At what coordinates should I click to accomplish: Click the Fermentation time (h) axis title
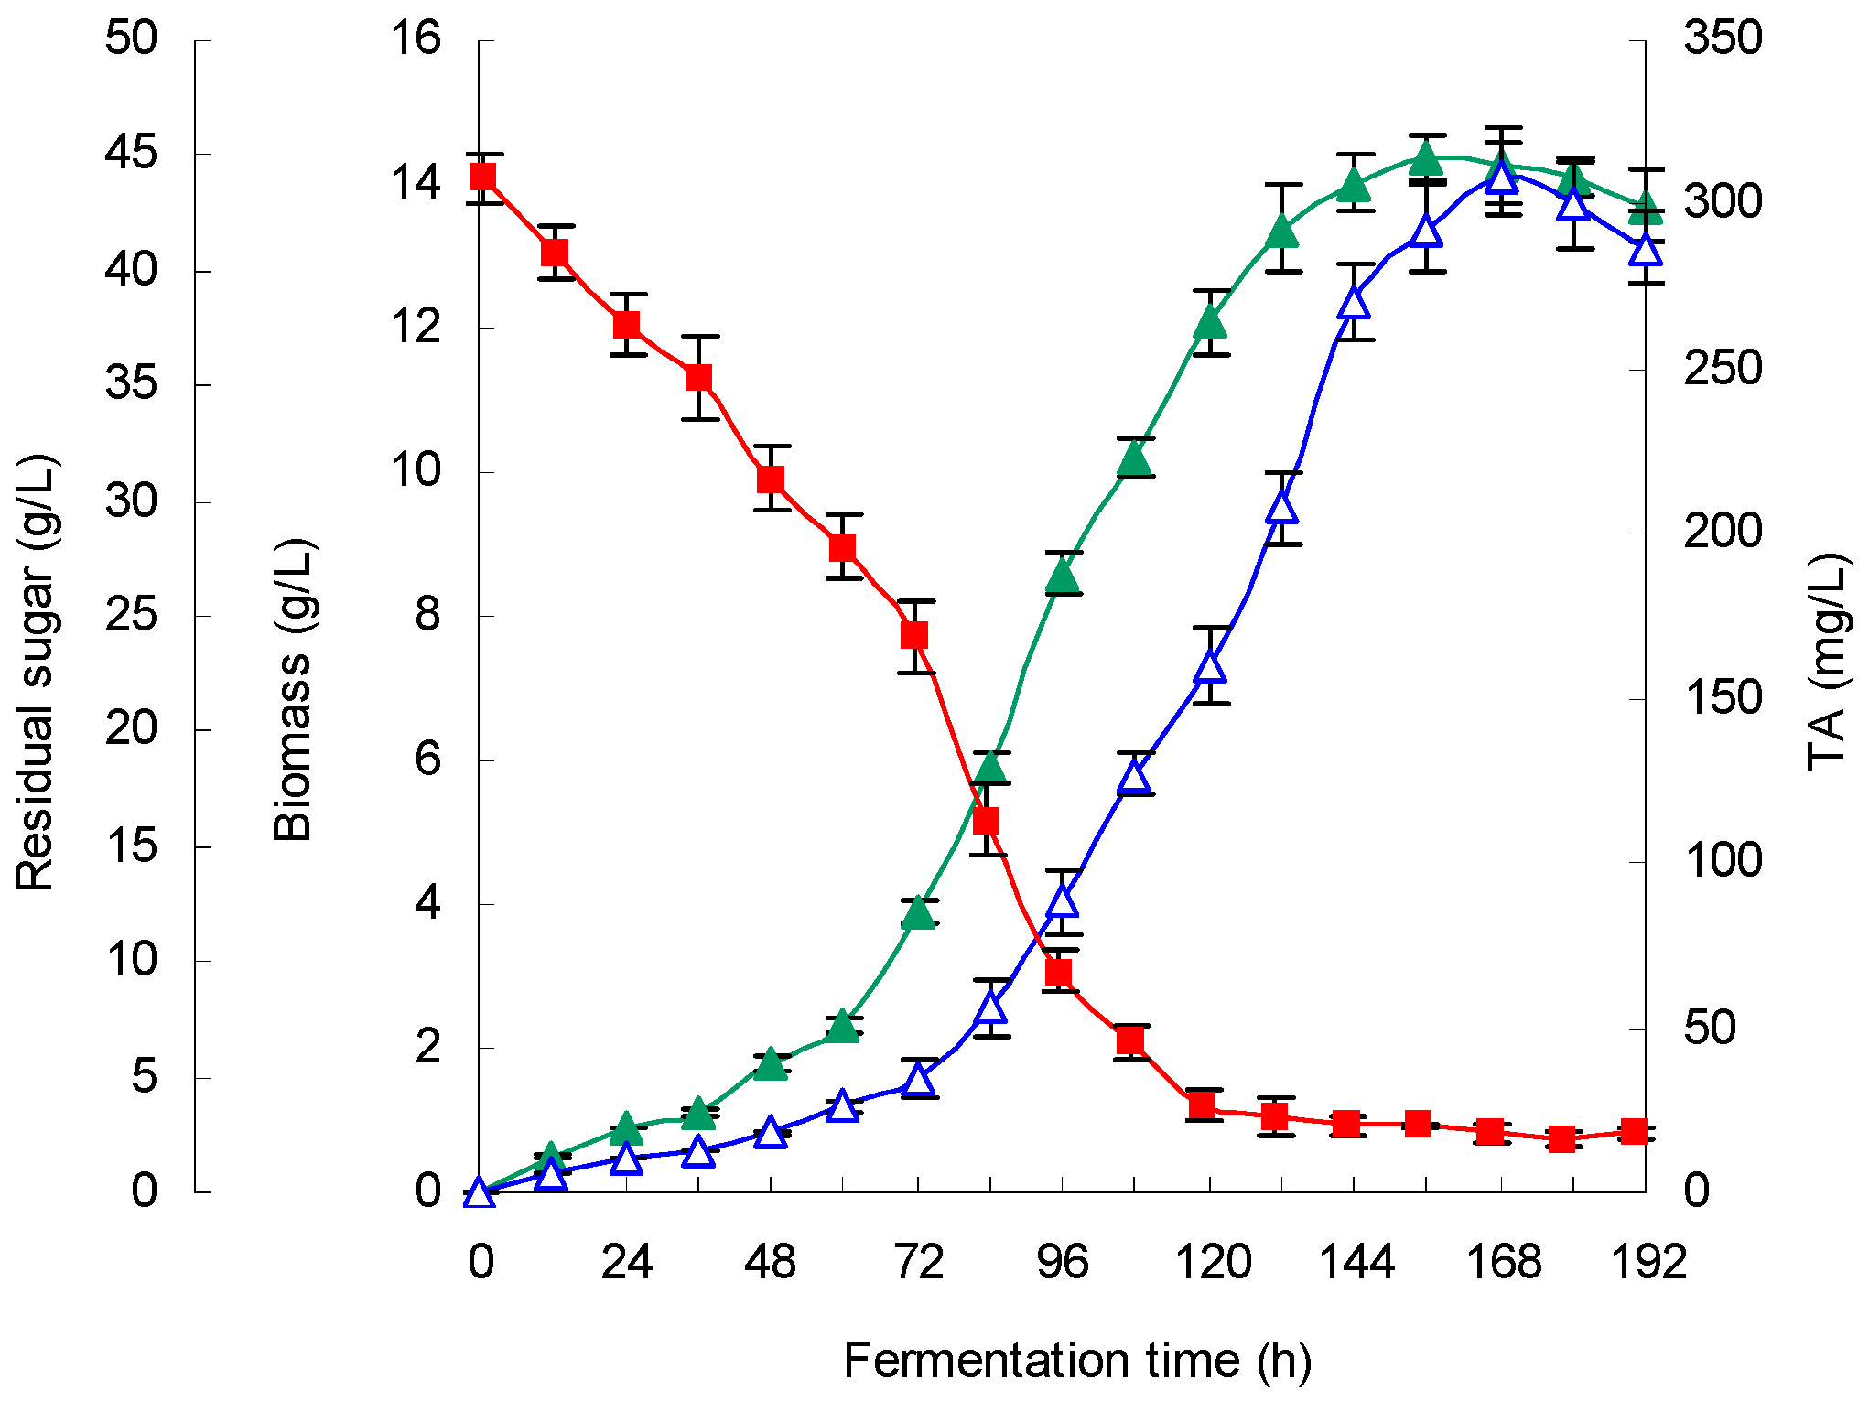(1077, 1361)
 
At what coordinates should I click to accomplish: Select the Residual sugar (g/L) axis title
(37, 673)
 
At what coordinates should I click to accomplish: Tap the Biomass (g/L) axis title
(294, 691)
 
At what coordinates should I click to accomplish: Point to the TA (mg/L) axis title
(1829, 663)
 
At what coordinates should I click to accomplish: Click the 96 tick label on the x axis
(1062, 1263)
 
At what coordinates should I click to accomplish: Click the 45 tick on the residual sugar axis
(131, 153)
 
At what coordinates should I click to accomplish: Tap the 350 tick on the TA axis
(1723, 38)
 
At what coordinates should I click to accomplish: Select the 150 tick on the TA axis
(1723, 698)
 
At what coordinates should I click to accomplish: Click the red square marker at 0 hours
(483, 177)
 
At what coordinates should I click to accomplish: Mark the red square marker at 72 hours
(915, 635)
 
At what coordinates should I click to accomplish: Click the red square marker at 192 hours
(1634, 1132)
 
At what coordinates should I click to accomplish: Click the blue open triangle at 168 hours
(1502, 176)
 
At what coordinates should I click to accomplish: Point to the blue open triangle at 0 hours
(479, 1193)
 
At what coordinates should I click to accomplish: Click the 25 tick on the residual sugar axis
(131, 615)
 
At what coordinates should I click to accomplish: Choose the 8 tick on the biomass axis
(427, 614)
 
